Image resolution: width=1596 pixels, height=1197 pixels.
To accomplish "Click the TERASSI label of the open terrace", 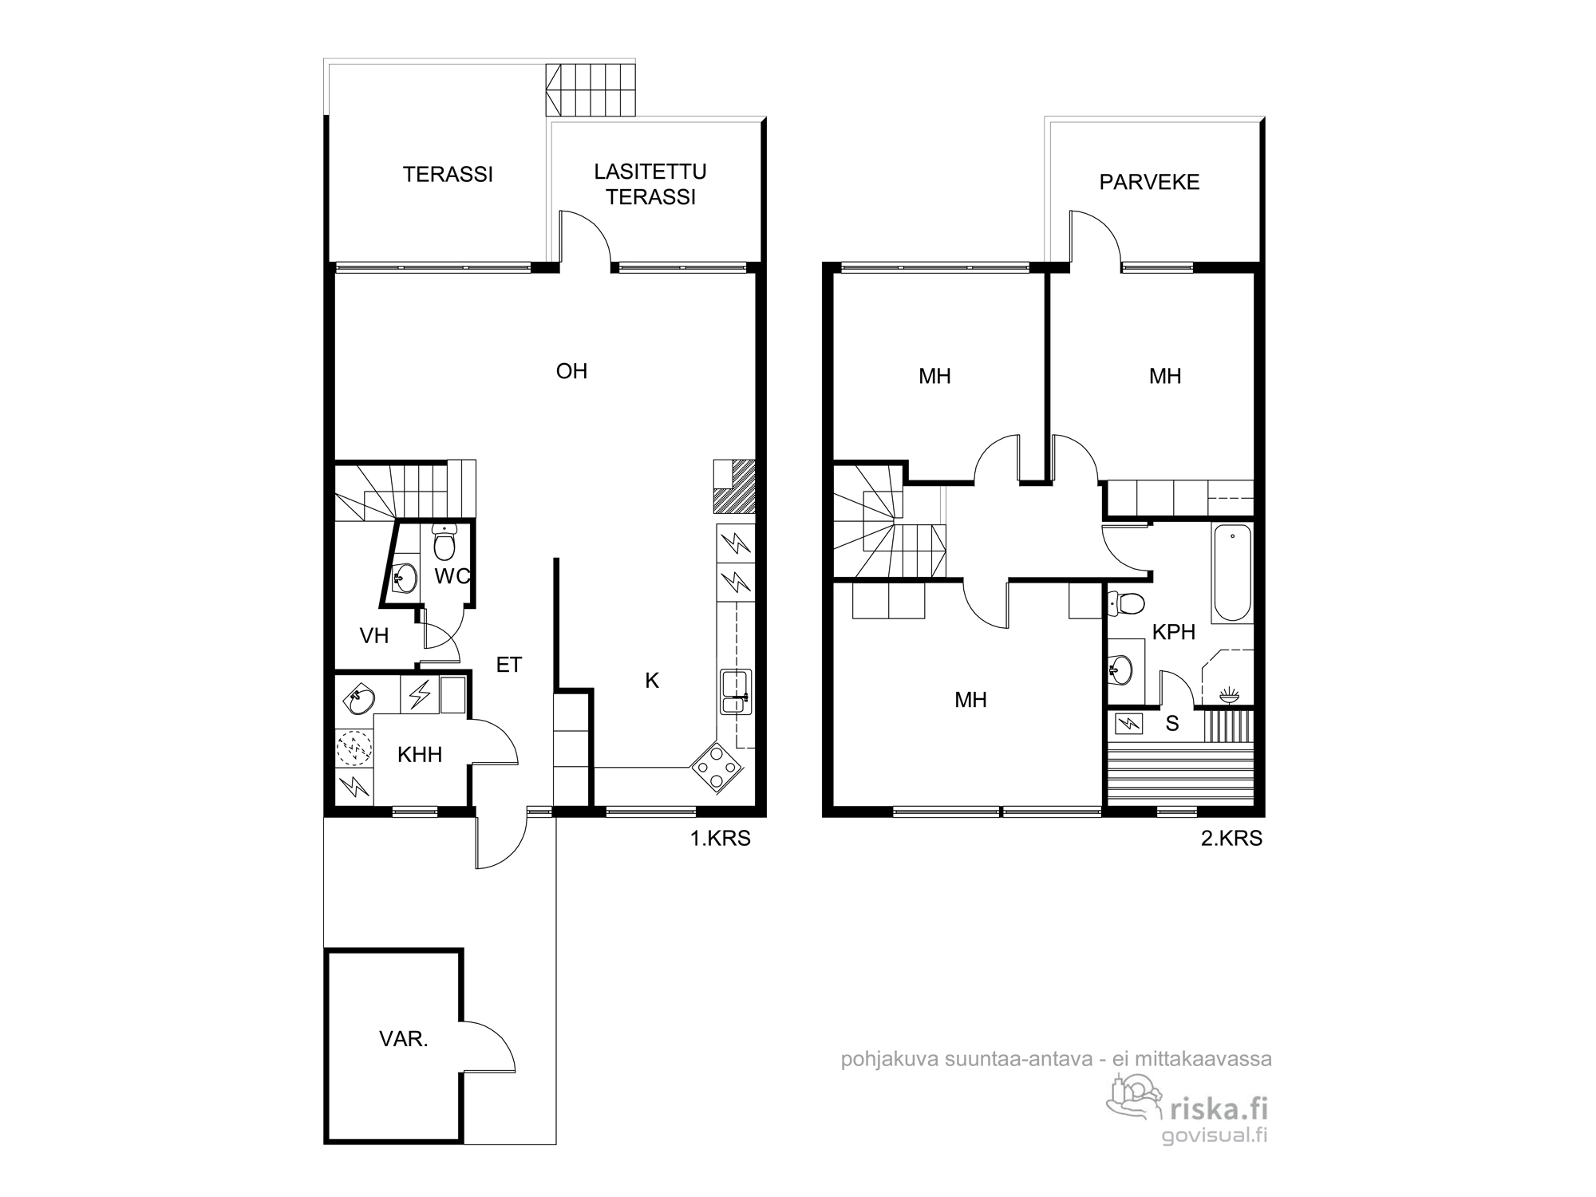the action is click(x=448, y=175).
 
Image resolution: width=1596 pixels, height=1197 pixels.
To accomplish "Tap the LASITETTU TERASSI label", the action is click(x=650, y=184).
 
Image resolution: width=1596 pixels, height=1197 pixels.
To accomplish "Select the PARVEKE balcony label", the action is click(x=1149, y=182).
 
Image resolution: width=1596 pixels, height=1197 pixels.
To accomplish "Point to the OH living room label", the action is click(x=571, y=371).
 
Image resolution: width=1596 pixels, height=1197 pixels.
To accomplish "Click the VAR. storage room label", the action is click(x=404, y=1040).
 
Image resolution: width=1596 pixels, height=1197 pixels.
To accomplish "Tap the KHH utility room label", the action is click(x=420, y=754).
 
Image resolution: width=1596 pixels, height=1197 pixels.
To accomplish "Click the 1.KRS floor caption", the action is click(x=721, y=839).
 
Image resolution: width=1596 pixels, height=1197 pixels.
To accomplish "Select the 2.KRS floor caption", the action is click(x=1231, y=839).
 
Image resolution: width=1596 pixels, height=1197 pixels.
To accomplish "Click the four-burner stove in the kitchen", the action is click(x=717, y=767).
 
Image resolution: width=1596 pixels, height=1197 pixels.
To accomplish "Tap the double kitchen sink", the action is click(x=736, y=692).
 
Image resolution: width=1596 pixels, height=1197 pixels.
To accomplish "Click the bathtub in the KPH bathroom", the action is click(x=1232, y=573).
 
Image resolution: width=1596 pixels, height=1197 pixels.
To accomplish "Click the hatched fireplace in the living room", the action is click(x=734, y=486).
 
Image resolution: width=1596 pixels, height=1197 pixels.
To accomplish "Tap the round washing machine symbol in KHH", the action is click(x=354, y=749).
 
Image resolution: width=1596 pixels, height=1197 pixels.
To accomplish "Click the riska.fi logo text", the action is click(x=1218, y=1108).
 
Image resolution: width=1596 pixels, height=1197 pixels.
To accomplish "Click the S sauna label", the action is click(x=1172, y=724).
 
